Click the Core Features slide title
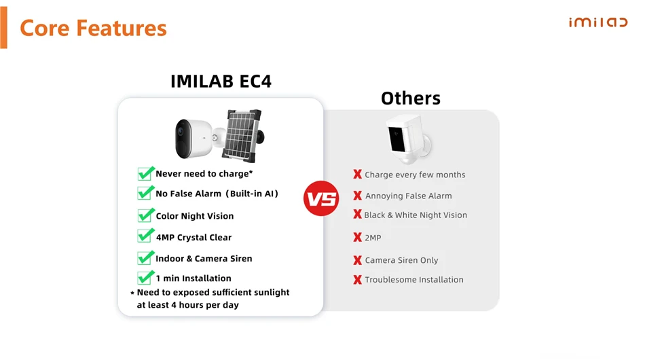point(93,28)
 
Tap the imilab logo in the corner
point(597,22)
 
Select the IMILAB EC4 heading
point(221,82)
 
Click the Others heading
point(410,98)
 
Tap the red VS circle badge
point(321,199)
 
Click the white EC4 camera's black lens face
point(183,136)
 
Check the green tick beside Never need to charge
point(145,173)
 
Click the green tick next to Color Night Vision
point(145,215)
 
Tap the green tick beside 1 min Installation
point(145,278)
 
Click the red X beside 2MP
point(357,238)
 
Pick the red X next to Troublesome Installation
point(357,279)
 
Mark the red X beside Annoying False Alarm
point(357,196)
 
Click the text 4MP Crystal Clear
point(193,238)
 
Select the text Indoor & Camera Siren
point(204,259)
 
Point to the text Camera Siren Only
point(401,260)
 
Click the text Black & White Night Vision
point(416,215)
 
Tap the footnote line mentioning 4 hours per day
point(187,306)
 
